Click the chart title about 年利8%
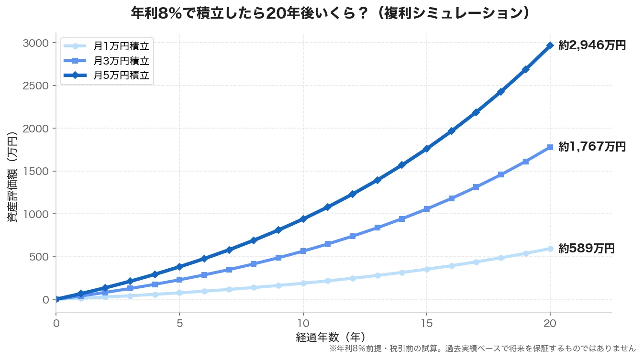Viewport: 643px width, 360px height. (x=331, y=13)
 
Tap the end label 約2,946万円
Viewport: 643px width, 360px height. (x=592, y=46)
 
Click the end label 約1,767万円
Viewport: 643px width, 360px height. (x=592, y=147)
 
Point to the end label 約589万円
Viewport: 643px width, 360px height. (x=586, y=249)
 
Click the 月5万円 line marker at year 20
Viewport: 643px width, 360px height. (x=550, y=45)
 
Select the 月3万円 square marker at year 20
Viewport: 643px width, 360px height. (x=550, y=147)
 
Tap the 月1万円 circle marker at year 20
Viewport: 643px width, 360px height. (x=550, y=249)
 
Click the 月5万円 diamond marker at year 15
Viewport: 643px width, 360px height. (x=427, y=149)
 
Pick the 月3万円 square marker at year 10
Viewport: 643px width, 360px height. (x=303, y=251)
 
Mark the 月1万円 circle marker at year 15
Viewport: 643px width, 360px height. (x=427, y=269)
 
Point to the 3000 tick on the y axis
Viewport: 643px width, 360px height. (x=35, y=43)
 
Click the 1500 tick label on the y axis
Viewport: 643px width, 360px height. (x=35, y=171)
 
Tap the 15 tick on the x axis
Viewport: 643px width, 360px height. (x=427, y=323)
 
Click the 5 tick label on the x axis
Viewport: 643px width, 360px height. (x=179, y=323)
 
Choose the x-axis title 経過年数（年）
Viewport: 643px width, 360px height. (x=331, y=337)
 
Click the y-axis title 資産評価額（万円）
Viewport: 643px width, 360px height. (x=13, y=177)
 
